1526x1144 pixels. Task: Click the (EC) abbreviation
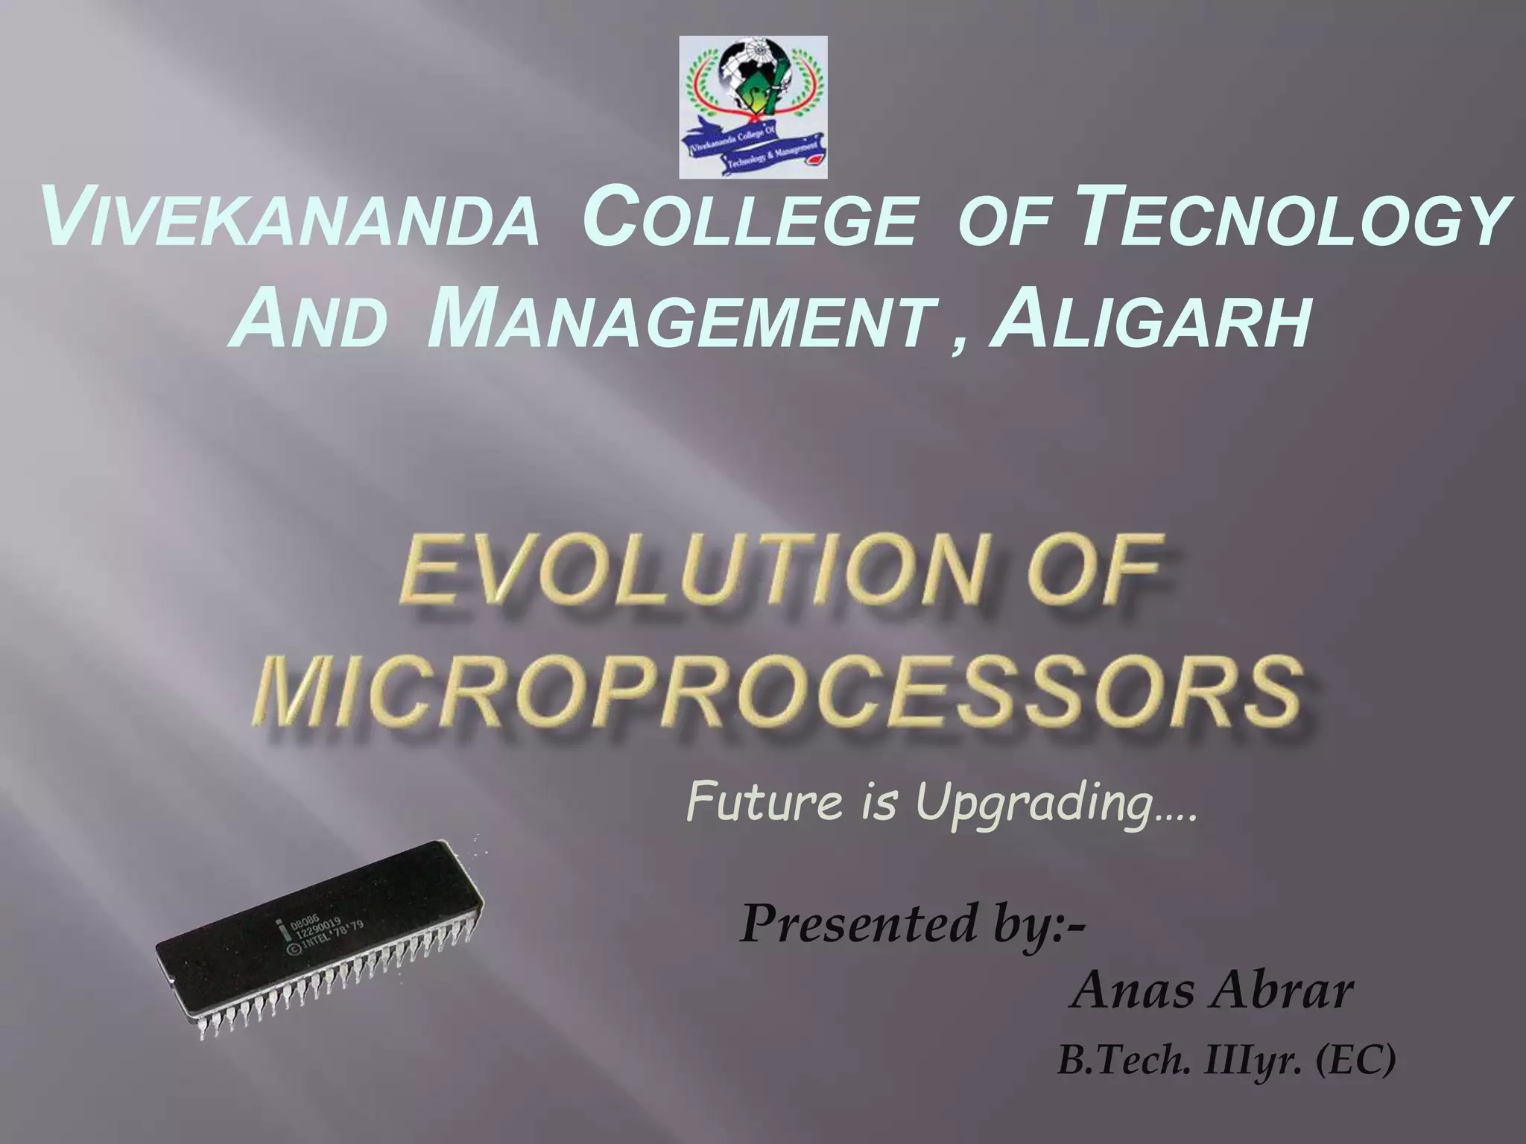[1356, 1061]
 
